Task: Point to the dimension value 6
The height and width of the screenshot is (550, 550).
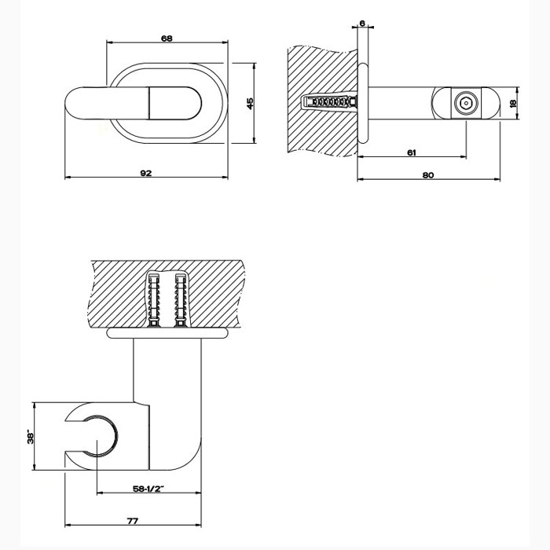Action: coord(361,24)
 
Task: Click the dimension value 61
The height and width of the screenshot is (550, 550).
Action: coord(412,152)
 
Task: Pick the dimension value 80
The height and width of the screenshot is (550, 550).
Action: coord(427,175)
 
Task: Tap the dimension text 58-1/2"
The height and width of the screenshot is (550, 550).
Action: coord(148,489)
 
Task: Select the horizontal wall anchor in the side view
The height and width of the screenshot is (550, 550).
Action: coord(329,103)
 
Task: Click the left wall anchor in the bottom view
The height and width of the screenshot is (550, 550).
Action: coord(154,302)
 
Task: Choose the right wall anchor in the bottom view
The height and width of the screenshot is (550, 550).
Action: coord(181,302)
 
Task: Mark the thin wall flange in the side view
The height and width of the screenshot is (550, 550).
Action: coord(362,103)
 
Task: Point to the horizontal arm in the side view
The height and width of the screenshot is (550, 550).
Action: coord(401,103)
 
